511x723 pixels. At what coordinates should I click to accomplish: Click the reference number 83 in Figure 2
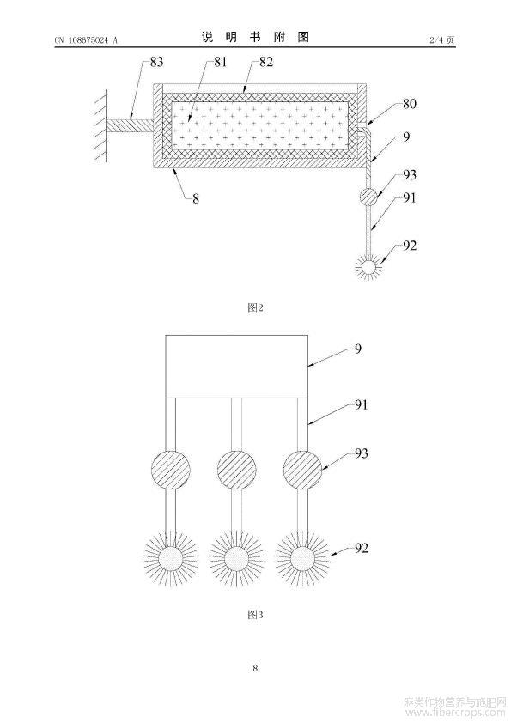(157, 62)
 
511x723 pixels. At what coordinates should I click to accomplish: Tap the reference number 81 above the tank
(221, 62)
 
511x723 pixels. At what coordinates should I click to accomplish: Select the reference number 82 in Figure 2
(266, 62)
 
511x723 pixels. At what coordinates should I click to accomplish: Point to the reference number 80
(409, 104)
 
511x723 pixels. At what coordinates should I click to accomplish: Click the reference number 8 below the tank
(196, 199)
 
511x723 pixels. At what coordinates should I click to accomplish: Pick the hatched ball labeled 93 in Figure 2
(369, 197)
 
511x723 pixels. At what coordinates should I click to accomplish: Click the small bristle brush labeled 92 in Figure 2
(369, 266)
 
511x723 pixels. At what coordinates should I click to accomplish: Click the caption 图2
(255, 307)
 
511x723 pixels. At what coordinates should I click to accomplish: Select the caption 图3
(255, 614)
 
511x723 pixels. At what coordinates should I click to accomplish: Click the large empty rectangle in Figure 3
(236, 366)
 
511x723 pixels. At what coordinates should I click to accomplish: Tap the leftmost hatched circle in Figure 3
(171, 470)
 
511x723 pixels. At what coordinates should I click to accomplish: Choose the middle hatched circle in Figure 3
(236, 470)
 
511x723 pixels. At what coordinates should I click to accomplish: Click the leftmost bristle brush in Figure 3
(171, 558)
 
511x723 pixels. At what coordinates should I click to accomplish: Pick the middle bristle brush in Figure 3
(236, 558)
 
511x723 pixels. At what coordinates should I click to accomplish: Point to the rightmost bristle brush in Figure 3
(302, 558)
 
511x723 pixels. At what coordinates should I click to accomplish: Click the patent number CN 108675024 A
(86, 40)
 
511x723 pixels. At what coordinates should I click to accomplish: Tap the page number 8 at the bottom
(255, 668)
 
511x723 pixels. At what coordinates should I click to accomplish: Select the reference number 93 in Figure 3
(362, 453)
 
